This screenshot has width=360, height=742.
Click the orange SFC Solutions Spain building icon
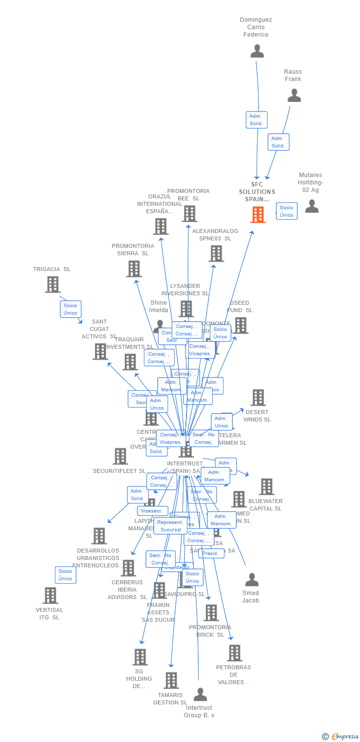pyautogui.click(x=258, y=215)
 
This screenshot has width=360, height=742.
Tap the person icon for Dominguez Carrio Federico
pyautogui.click(x=257, y=51)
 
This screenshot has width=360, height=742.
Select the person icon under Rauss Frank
pyautogui.click(x=294, y=95)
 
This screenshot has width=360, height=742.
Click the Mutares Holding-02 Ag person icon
pyautogui.click(x=312, y=206)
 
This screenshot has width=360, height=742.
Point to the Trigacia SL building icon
pyautogui.click(x=52, y=284)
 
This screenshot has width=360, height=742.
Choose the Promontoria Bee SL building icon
pyautogui.click(x=189, y=214)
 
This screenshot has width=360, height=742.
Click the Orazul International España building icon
pyautogui.click(x=161, y=227)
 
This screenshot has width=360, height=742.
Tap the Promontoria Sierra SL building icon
pyautogui.click(x=134, y=269)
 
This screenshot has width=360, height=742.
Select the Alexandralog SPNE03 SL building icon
pyautogui.click(x=216, y=254)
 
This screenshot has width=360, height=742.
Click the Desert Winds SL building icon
pyautogui.click(x=258, y=398)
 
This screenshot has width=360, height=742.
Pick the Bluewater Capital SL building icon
pyautogui.click(x=266, y=487)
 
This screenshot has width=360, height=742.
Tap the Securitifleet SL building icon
pyautogui.click(x=120, y=456)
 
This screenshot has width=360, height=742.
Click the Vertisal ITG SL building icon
pyautogui.click(x=50, y=596)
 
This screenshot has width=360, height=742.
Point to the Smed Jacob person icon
pyautogui.click(x=252, y=579)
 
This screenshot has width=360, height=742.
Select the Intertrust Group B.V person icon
pyautogui.click(x=200, y=695)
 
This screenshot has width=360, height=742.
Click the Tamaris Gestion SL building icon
pyautogui.click(x=171, y=681)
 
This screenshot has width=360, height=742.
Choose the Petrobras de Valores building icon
pyautogui.click(x=234, y=653)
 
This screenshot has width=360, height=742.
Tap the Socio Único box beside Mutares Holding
pyautogui.click(x=286, y=211)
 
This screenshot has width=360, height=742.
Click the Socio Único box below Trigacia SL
pyautogui.click(x=70, y=309)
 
